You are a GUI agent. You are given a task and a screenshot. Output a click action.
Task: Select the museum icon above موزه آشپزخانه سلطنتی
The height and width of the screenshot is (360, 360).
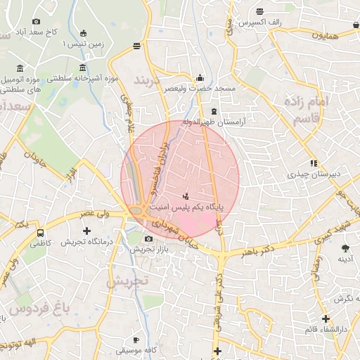pos(84,68)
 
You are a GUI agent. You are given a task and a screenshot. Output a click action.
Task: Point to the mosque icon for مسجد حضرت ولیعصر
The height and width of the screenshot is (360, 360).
pos(200,78)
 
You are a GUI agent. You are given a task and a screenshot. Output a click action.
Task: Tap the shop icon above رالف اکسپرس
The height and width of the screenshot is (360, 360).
pos(260,11)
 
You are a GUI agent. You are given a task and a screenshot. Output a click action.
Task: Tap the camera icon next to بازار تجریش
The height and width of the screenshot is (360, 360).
pos(147,239)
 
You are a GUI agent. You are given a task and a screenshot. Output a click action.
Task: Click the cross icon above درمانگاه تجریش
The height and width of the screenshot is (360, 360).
pos(86,231)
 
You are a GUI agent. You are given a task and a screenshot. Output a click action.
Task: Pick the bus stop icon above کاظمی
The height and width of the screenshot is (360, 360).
pos(41,232)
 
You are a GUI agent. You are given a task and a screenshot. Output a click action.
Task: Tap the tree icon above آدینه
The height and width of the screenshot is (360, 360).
pos(345,248)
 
